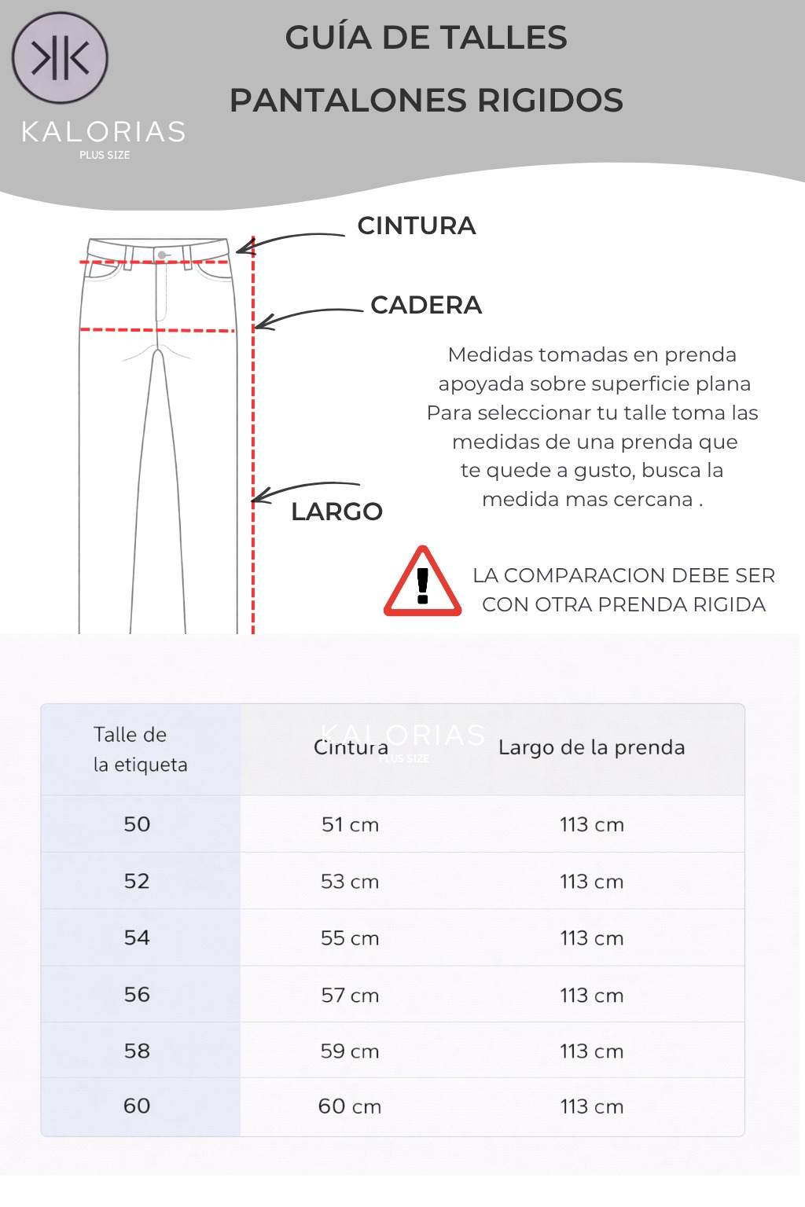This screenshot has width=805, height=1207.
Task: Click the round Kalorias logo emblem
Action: pos(60,58)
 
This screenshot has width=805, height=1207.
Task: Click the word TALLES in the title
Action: pos(503,38)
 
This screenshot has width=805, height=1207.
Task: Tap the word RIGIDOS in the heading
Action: pos(550,101)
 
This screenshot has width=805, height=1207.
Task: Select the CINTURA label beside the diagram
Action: pos(417,226)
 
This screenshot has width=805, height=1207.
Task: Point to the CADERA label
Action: pos(426,305)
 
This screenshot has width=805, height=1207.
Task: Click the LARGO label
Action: pos(336,512)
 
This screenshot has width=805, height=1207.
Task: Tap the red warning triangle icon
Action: pos(422,583)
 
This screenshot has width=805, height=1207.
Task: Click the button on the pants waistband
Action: pos(162,255)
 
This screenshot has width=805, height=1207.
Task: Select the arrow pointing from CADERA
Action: pos(307,316)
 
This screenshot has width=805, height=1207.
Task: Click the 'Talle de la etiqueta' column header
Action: pos(140,750)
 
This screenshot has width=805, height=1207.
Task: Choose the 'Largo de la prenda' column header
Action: pos(591,747)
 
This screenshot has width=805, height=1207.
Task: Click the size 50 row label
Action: pos(137,824)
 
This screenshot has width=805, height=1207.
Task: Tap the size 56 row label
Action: pos(137,995)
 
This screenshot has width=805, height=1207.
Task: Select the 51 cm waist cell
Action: pos(350,825)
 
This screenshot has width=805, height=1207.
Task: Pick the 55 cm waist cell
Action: pos(350,938)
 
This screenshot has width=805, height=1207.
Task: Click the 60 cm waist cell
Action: pos(350,1106)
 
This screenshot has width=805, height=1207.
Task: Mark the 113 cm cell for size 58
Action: pos(591,1051)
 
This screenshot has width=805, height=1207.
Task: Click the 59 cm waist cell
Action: pos(350,1051)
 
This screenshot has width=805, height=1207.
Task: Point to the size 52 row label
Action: pos(137,881)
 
